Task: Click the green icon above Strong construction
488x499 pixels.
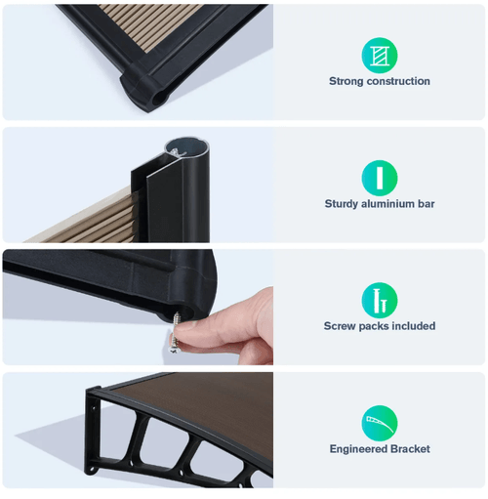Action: (380, 56)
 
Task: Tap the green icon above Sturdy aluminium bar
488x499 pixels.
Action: (380, 178)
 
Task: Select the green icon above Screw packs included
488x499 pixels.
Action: (380, 300)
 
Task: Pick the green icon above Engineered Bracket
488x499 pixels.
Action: (380, 423)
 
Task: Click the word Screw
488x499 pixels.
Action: (340, 326)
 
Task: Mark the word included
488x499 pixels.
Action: (414, 326)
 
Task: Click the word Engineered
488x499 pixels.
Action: (358, 449)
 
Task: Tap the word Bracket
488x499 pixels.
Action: (410, 449)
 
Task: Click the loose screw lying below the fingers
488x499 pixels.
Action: (174, 343)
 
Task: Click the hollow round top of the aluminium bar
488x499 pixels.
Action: (185, 148)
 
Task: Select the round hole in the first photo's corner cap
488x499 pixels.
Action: (159, 99)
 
